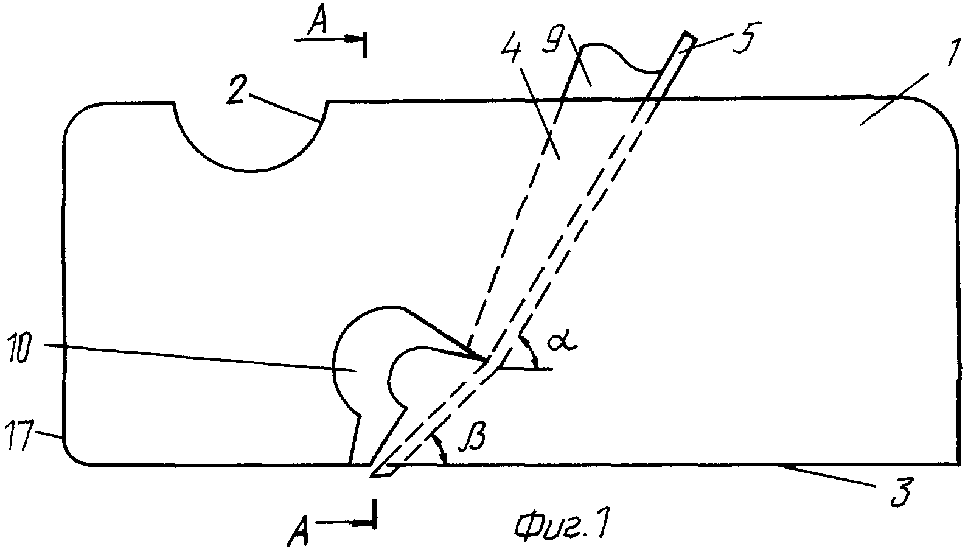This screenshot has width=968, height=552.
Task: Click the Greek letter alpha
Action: point(562,341)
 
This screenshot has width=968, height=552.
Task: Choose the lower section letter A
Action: point(299,531)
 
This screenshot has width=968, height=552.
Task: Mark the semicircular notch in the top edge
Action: point(250,172)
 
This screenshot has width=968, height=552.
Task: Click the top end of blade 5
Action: point(690,35)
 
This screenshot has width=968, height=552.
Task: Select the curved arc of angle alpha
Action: point(532,351)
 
